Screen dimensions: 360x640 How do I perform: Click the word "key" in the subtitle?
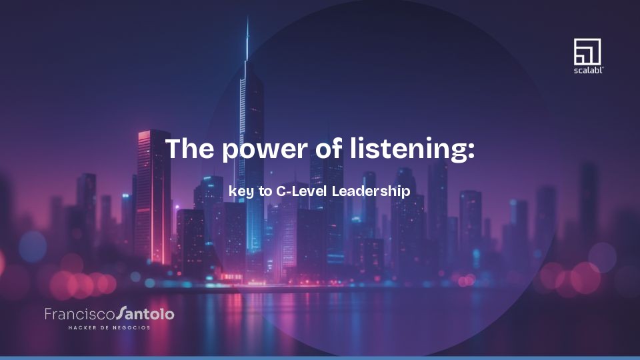click(241, 191)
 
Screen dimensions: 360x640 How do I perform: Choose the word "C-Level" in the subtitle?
click(301, 191)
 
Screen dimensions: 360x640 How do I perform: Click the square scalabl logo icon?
click(587, 51)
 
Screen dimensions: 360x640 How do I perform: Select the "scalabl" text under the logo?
click(587, 69)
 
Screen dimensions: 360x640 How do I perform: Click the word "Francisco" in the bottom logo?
click(79, 313)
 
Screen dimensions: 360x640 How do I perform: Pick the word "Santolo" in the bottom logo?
click(145, 313)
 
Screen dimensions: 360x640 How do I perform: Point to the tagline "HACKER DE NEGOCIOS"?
click(109, 327)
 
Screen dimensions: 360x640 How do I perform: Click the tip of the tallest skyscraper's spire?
click(247, 19)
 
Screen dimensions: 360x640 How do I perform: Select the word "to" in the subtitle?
click(265, 191)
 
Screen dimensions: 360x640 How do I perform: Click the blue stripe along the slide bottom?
click(320, 357)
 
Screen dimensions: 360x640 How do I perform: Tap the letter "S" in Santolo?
click(121, 313)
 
